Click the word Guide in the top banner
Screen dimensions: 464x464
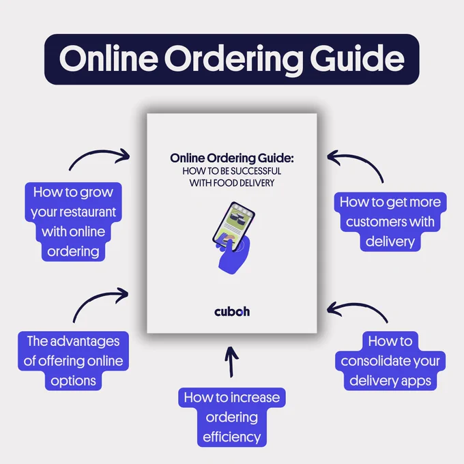pos(357,58)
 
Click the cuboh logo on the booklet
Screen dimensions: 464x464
pos(232,312)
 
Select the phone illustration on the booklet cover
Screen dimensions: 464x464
pos(234,227)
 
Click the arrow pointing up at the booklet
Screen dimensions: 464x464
pos(231,362)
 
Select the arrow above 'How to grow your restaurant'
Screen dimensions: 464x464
pos(99,154)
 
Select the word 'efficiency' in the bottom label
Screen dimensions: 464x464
pos(232,437)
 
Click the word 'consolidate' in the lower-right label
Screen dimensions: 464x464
pos(375,361)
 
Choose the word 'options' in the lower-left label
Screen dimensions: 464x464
pos(74,381)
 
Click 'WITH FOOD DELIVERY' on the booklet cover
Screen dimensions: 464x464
pos(232,183)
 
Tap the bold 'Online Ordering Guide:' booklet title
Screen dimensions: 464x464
pos(232,158)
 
